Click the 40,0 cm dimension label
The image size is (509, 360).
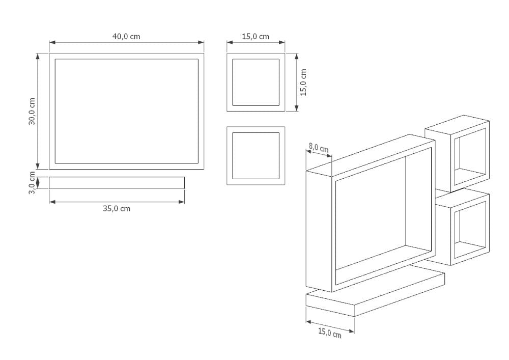126,37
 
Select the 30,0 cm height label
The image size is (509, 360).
32,110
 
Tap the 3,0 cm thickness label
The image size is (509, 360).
32,182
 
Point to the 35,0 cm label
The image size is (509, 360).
117,209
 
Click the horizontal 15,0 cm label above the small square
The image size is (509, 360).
256,37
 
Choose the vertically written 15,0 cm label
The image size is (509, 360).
303,82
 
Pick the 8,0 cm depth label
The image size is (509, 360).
319,148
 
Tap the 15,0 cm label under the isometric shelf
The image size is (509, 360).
329,333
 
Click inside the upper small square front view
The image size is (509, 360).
256,82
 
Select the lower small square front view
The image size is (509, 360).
256,156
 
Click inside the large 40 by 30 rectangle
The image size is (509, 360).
126,111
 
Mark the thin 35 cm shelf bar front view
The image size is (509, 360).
117,183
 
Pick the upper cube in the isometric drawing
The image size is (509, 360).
458,153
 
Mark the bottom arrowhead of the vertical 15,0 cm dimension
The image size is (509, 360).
297,108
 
